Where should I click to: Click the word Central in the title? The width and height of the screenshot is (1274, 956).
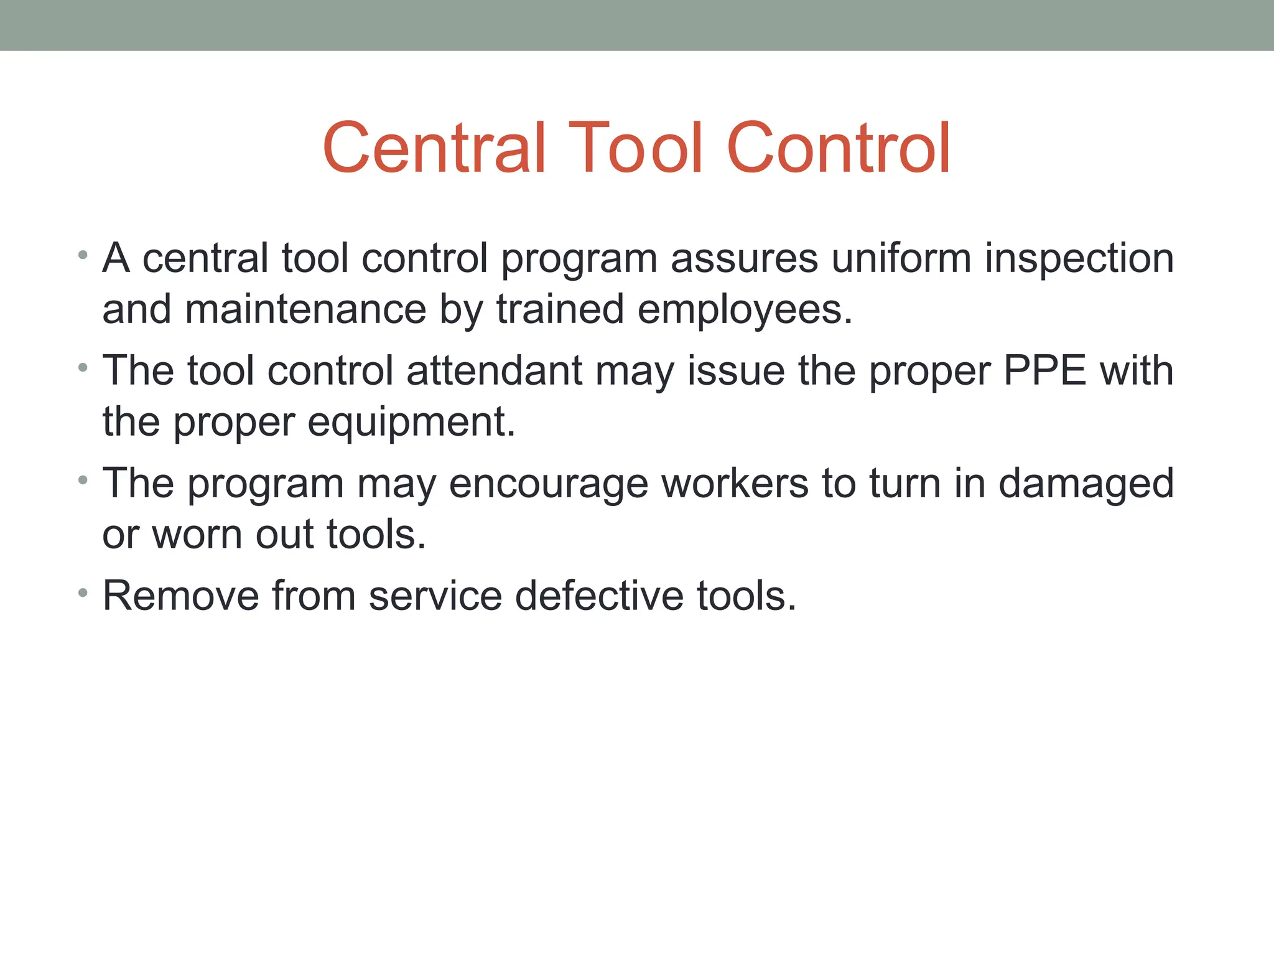pyautogui.click(x=434, y=148)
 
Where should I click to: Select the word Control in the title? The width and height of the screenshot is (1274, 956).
pyautogui.click(x=838, y=148)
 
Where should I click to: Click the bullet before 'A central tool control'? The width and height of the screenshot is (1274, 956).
pyautogui.click(x=83, y=255)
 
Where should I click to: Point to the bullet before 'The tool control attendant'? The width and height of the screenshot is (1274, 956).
pyautogui.click(x=83, y=367)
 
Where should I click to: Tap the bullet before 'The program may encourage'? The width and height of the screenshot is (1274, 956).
pyautogui.click(x=83, y=480)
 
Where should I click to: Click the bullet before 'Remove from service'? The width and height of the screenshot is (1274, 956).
pyautogui.click(x=83, y=592)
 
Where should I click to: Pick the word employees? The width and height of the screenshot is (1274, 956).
pyautogui.click(x=744, y=309)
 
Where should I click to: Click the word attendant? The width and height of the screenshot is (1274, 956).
pyautogui.click(x=495, y=371)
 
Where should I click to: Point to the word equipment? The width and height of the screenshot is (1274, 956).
pyautogui.click(x=411, y=422)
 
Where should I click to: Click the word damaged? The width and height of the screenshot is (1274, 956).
pyautogui.click(x=1086, y=484)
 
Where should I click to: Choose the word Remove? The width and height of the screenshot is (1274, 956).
pyautogui.click(x=180, y=596)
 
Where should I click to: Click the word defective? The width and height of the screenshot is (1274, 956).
pyautogui.click(x=599, y=596)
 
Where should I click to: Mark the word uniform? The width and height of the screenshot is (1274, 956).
pyautogui.click(x=901, y=258)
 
